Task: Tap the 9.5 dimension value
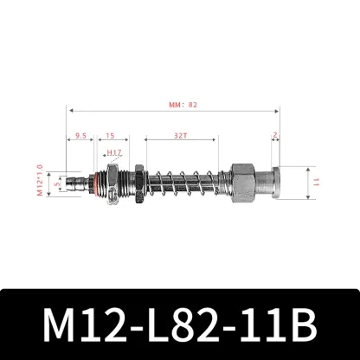pos(80,136)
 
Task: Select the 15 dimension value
pos(111,136)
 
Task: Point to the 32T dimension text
pos(177,136)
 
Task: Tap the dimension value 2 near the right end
pos(275,136)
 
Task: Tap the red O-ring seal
pos(100,183)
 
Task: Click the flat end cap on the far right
pos(274,183)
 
